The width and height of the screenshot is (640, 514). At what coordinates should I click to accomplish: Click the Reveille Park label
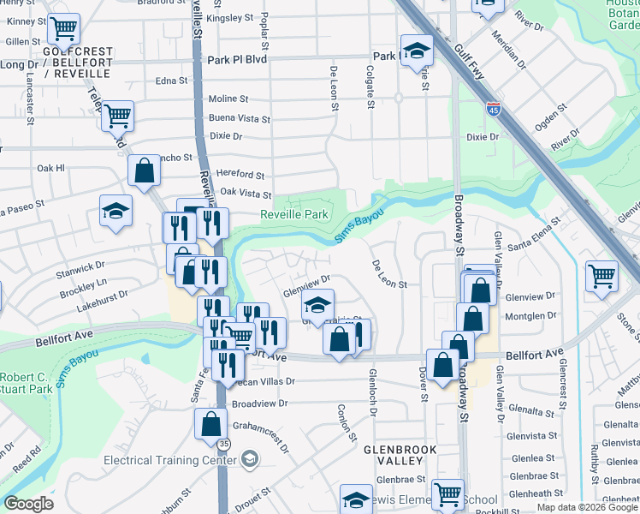pyautogui.click(x=294, y=214)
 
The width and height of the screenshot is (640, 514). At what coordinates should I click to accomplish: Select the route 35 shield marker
pyautogui.click(x=223, y=445)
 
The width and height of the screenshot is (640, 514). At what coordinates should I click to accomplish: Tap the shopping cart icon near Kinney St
pyautogui.click(x=63, y=28)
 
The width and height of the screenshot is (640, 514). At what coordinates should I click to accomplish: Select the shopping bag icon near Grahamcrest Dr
pyautogui.click(x=210, y=422)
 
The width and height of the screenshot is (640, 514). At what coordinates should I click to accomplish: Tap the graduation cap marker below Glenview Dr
pyautogui.click(x=317, y=304)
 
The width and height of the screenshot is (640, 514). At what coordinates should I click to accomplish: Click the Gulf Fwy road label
pyautogui.click(x=469, y=64)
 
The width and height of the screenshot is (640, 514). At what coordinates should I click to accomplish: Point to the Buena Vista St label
pyautogui.click(x=240, y=119)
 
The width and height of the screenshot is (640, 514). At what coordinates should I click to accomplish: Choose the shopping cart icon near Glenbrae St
pyautogui.click(x=447, y=493)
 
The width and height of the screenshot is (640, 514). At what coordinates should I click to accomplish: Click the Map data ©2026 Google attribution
pyautogui.click(x=586, y=507)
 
